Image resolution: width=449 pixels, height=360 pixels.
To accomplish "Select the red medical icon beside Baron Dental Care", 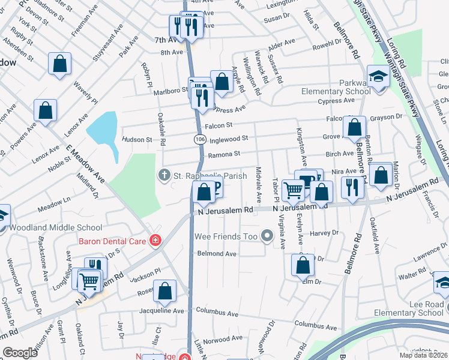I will tap(155, 241).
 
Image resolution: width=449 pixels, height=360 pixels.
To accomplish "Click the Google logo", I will tap(20, 353).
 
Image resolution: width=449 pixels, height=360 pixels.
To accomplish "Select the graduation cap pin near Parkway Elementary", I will tap(378, 77).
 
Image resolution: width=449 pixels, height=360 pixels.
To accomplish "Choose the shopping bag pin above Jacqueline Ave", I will tap(164, 292).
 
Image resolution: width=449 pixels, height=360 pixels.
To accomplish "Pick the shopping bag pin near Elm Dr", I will tap(303, 265).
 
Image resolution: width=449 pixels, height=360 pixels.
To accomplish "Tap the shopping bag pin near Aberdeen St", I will tap(59, 64).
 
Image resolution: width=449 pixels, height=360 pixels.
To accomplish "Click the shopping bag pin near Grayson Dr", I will tap(354, 127).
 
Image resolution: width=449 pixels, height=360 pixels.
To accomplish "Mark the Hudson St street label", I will tap(137, 139).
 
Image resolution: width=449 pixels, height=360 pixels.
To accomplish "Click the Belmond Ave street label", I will tap(217, 254).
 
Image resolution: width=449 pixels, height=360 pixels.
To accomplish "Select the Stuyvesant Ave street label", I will tap(109, 43).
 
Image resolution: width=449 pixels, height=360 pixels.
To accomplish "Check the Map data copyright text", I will tap(424, 355).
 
